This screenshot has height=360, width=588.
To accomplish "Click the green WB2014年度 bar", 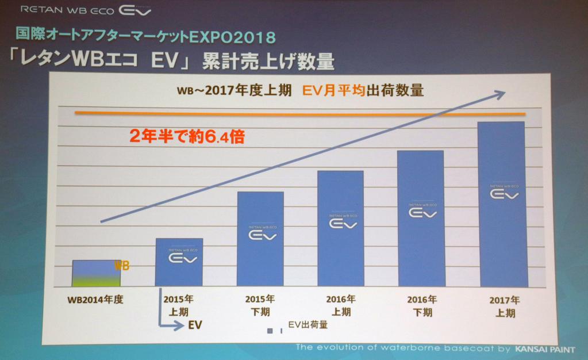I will (96, 274).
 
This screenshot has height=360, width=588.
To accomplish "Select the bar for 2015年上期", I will (179, 262).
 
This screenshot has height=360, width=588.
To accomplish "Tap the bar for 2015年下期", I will (260, 239).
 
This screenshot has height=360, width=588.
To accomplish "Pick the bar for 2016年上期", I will (340, 229).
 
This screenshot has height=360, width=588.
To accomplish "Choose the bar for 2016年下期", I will (421, 219).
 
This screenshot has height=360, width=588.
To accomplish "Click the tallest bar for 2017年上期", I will (503, 205).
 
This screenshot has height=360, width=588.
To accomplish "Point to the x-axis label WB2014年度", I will (95, 299).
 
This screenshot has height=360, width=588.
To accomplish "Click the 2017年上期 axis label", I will (505, 307).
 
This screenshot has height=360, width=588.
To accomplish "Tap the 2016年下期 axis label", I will (422, 306).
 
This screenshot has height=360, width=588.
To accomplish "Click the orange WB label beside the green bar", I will (122, 266).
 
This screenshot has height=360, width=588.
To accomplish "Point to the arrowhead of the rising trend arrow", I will (501, 93).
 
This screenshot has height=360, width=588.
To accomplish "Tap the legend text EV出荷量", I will (308, 325).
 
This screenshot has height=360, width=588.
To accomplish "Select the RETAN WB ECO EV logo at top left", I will (86, 10).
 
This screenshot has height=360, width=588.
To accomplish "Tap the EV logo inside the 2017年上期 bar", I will (504, 194).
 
